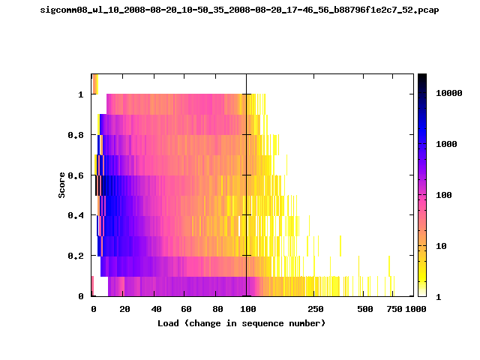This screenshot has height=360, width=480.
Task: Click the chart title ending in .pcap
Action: coord(240,10)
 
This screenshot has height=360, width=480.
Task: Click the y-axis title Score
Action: coord(61,185)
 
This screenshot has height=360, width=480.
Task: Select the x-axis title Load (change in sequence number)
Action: coord(241,323)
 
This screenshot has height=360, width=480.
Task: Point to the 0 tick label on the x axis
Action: coord(93,309)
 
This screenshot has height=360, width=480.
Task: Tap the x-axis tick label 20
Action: coord(124,309)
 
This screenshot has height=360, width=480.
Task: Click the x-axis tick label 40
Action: coord(156,309)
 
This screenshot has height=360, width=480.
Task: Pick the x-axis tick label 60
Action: coord(186,309)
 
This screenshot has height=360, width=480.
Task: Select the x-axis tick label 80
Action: coord(217,309)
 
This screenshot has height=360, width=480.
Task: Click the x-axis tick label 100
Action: coord(248,309)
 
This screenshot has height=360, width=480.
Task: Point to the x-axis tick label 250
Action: coord(316,309)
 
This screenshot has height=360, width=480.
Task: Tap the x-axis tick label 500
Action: coord(365,309)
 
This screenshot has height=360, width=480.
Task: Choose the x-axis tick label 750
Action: coord(394,309)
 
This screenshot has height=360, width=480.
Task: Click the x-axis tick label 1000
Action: coord(415,309)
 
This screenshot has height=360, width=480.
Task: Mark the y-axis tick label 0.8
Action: coord(76,135)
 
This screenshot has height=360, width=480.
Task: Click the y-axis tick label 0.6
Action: coord(76,175)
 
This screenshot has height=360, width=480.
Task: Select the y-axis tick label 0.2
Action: coord(76,256)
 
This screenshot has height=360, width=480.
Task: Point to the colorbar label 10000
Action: coord(448,93)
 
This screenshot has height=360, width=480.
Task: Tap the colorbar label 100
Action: coord(443,195)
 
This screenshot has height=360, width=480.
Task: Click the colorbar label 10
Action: coord(441,246)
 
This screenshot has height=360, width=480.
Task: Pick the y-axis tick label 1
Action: coord(81,94)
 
